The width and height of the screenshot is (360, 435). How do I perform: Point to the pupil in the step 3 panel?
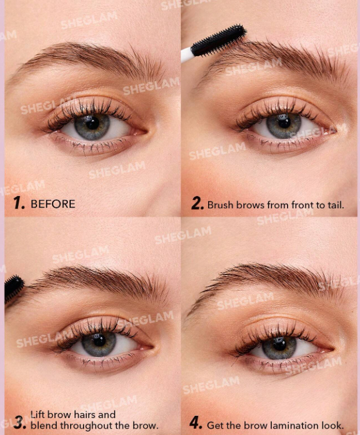[99, 340]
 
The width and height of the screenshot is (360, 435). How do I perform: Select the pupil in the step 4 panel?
[279, 345]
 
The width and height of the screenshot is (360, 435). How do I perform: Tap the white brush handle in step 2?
[187, 55]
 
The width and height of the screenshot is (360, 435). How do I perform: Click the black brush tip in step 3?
[14, 288]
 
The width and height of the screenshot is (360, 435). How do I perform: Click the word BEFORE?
[53, 204]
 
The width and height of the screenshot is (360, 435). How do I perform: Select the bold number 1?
[19, 202]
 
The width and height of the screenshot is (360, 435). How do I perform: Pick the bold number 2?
[198, 204]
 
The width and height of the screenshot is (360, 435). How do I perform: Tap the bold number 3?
[20, 422]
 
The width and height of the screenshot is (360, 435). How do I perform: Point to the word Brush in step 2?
[221, 205]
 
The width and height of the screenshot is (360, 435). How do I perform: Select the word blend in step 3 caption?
[44, 425]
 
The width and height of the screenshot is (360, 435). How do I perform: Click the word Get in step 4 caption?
[215, 425]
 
